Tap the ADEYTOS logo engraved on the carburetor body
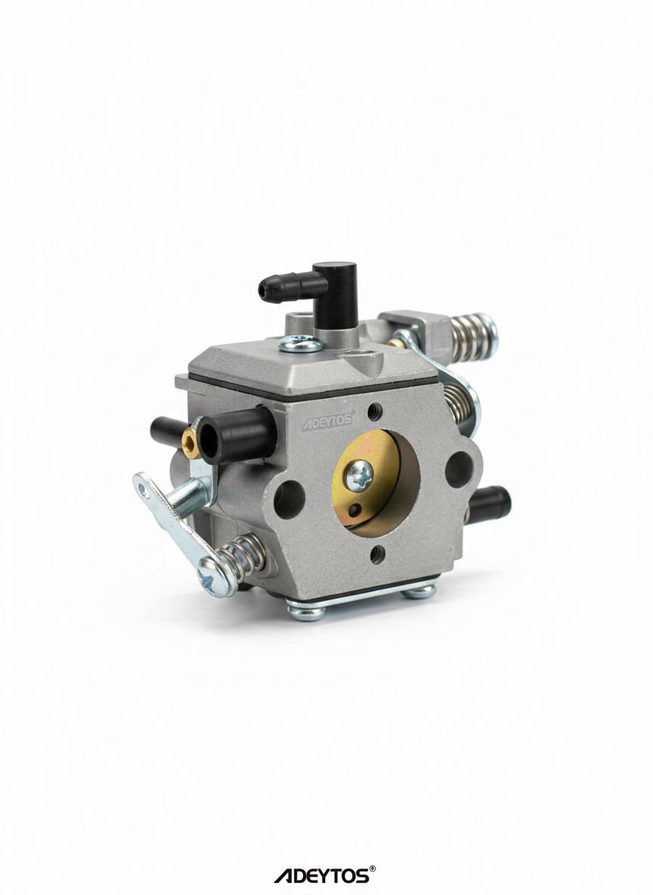328,420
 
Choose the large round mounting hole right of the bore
458,466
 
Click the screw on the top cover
296,343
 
